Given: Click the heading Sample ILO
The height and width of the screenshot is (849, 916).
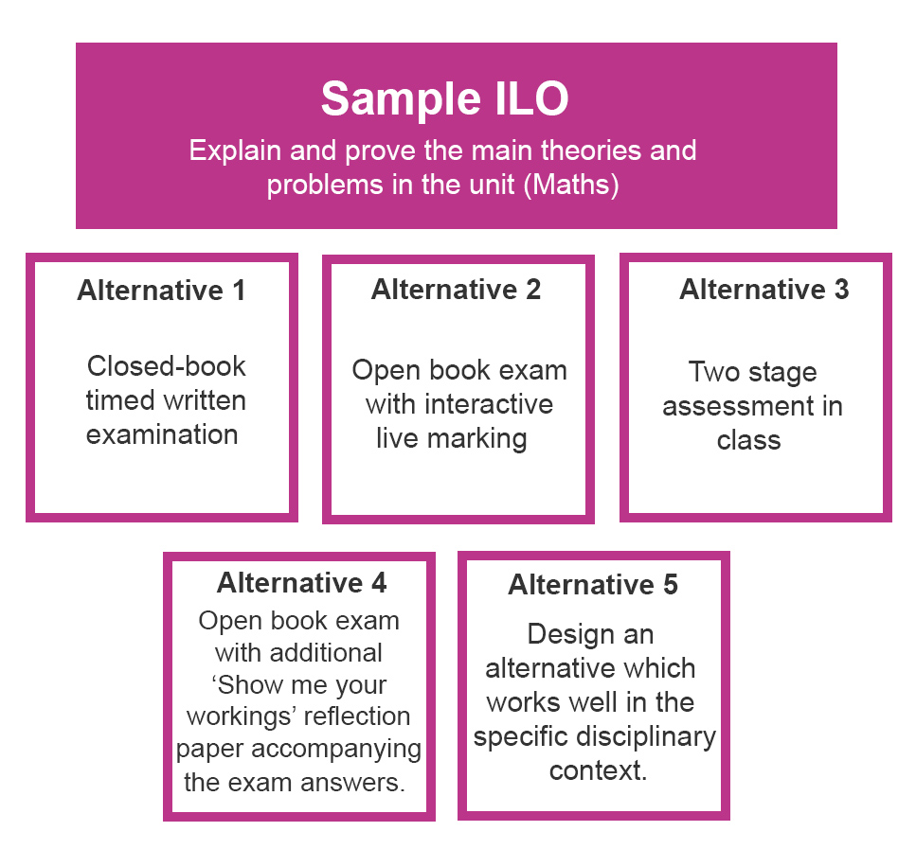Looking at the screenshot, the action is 444,98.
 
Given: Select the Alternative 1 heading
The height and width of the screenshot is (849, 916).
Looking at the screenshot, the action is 161,291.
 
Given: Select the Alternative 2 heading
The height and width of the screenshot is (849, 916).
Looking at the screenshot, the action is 457,289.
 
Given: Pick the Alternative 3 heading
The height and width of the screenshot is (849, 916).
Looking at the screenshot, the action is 764,289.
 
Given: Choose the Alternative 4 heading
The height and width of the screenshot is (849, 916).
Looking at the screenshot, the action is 302,583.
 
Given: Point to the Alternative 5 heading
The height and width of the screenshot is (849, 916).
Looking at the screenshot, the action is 593,585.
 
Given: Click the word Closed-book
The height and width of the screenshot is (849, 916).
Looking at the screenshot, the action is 167,366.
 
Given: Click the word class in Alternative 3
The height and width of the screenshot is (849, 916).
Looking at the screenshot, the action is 749,441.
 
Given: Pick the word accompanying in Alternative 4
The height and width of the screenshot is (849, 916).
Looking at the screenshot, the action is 336,750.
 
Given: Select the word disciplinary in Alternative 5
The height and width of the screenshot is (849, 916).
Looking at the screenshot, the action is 646,737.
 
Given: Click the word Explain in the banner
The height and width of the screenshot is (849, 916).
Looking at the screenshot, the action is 236,151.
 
